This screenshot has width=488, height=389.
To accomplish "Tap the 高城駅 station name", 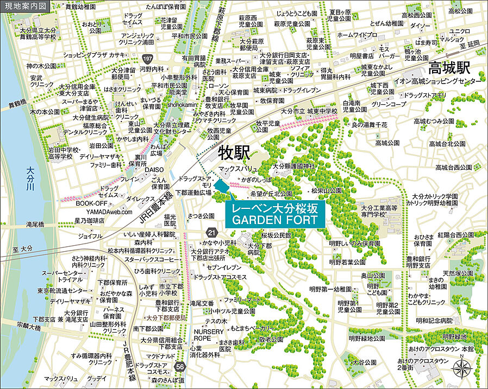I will coord(449,68).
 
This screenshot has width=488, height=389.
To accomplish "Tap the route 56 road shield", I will coord(179,367).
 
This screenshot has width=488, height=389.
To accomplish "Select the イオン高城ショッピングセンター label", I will coord(443,80).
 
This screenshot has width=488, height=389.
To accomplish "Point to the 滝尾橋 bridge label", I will coord(35,224).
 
